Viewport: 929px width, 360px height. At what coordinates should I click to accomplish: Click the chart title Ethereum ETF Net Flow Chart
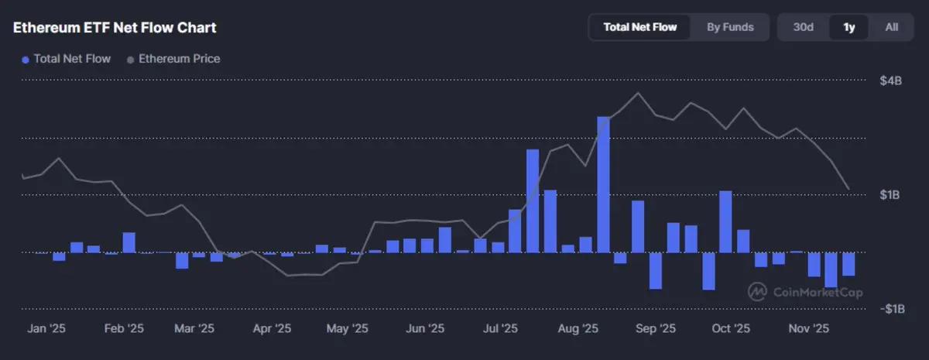click(x=115, y=27)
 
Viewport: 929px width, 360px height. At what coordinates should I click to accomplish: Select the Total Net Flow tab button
click(x=639, y=27)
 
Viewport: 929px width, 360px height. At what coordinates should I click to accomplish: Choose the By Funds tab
click(x=730, y=27)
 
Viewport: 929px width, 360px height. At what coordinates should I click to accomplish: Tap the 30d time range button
click(x=803, y=27)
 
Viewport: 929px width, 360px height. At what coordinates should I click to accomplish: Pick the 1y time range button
click(x=849, y=27)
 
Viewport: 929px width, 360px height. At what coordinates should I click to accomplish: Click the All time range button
click(x=892, y=27)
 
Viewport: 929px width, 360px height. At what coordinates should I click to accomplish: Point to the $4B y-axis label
click(x=890, y=81)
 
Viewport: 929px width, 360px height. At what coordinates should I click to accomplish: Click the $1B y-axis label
click(x=890, y=195)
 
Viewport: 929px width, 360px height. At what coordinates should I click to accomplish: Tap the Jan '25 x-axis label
click(x=46, y=329)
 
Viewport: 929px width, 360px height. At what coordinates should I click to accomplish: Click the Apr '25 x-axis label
click(x=271, y=329)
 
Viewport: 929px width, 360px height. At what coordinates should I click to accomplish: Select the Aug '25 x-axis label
click(x=578, y=329)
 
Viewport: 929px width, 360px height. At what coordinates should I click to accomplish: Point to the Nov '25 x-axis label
click(x=809, y=329)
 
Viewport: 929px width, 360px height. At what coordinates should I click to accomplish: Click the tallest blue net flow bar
click(x=604, y=184)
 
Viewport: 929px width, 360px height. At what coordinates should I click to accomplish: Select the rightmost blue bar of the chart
click(x=848, y=264)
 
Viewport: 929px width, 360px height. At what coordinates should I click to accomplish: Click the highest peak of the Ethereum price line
click(x=637, y=93)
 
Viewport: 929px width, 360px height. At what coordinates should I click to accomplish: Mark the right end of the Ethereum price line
click(x=849, y=189)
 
